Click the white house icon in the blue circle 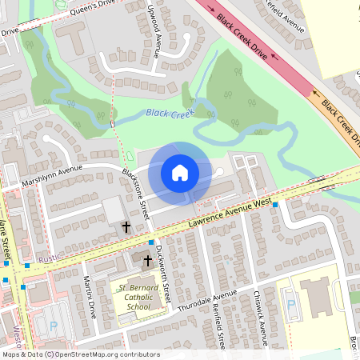(180, 173)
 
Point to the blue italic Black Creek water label (170, 114)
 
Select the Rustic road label (50, 258)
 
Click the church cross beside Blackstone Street (126, 228)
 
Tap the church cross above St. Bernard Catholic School (147, 260)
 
